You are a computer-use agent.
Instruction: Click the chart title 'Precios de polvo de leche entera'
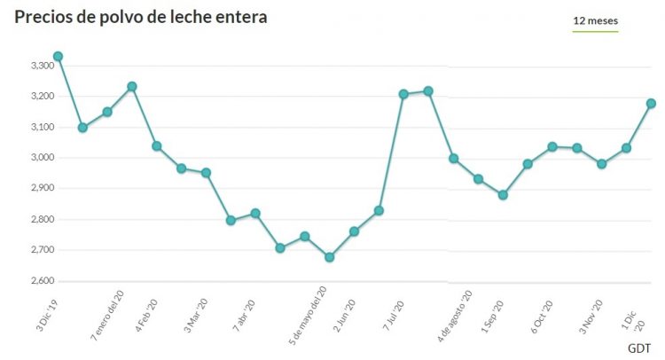point(140,17)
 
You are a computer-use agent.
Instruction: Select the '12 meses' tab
point(596,20)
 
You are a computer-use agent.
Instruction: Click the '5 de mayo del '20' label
point(309,317)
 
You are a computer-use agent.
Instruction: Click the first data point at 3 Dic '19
point(58,57)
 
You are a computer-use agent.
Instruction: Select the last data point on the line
point(651,104)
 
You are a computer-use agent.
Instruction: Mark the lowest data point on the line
point(330,257)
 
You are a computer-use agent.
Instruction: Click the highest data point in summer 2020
point(428,91)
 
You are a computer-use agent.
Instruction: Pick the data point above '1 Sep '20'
point(503,195)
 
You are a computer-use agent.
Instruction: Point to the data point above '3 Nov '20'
point(602,164)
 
